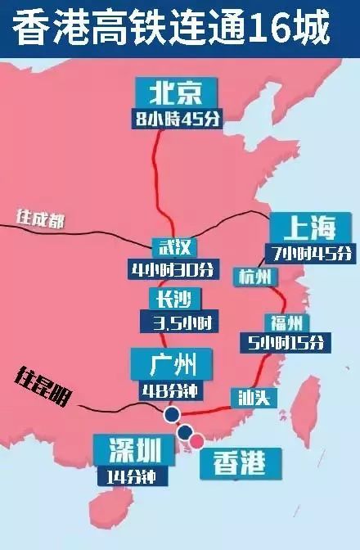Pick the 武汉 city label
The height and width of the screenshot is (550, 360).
click(x=172, y=247)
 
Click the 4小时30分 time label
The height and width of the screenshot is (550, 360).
click(x=172, y=269)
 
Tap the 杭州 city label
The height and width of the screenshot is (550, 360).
click(x=254, y=277)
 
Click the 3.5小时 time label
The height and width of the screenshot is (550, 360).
click(x=174, y=322)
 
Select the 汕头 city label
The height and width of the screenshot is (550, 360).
click(x=253, y=398)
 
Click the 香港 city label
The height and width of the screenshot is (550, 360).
click(x=239, y=462)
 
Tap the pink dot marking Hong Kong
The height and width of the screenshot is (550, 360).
click(x=197, y=441)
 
